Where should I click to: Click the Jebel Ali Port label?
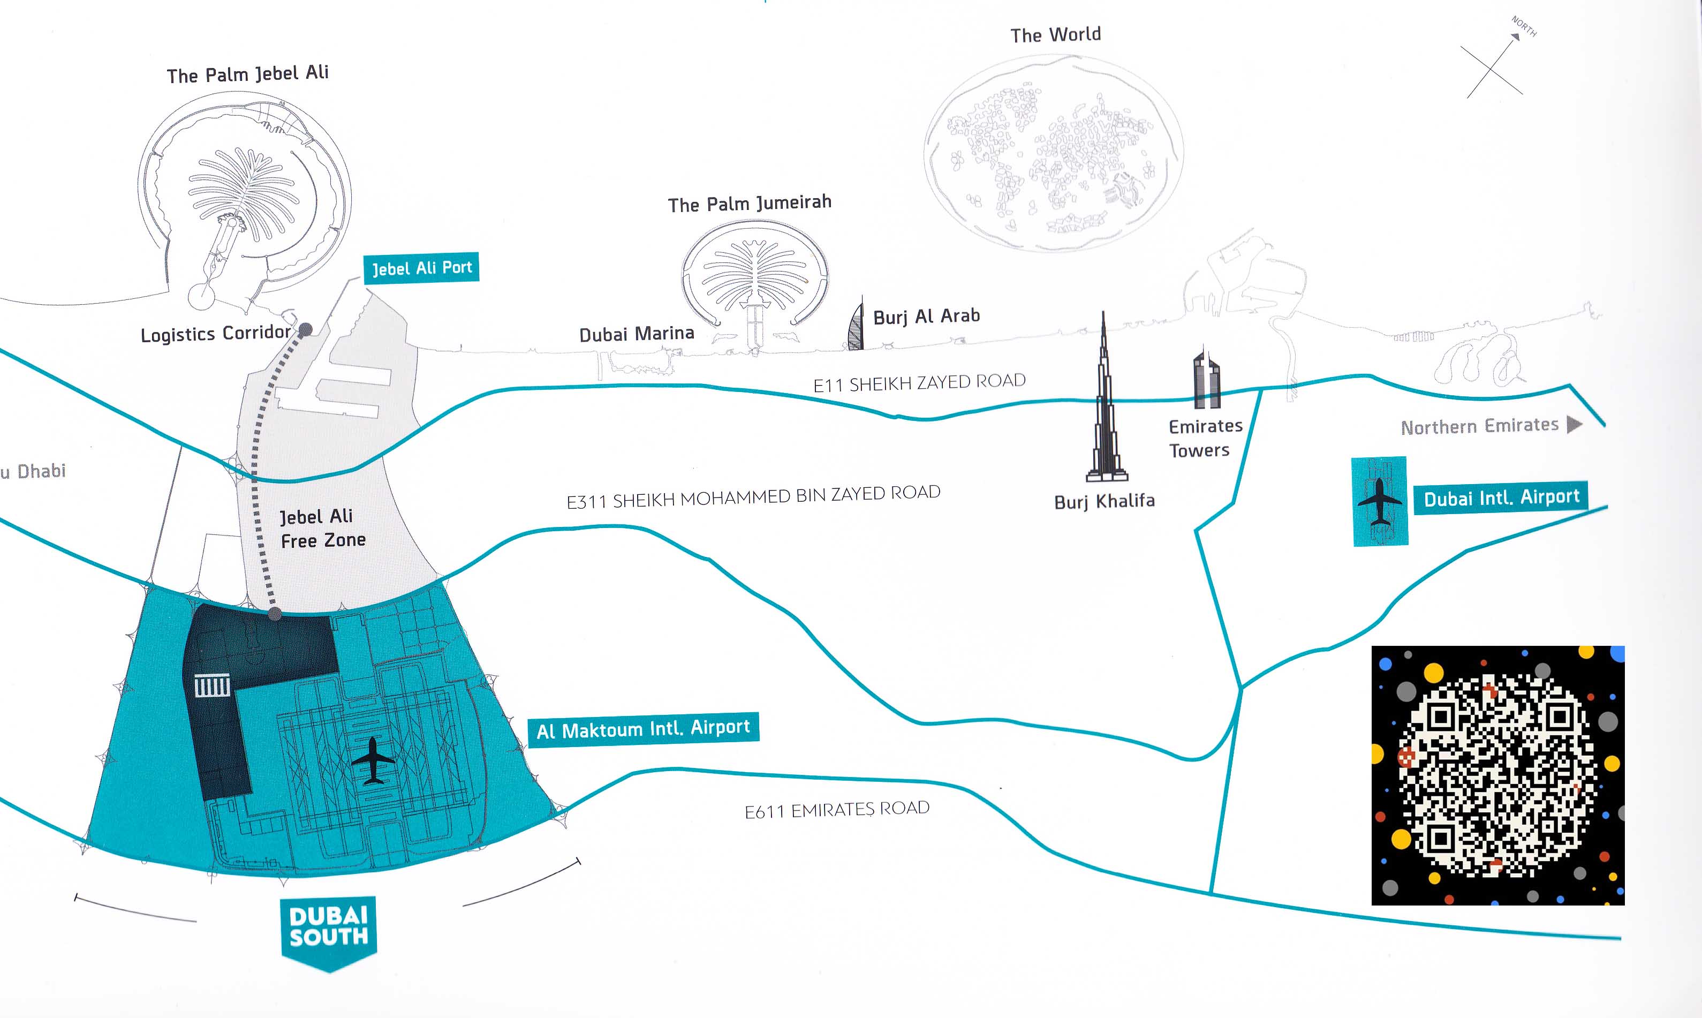[x=421, y=268]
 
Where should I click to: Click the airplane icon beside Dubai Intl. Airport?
[x=1380, y=501]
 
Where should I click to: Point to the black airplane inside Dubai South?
[x=373, y=760]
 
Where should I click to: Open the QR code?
[x=1497, y=775]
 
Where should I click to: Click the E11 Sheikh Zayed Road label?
[x=920, y=383]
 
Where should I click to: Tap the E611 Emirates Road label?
[x=837, y=810]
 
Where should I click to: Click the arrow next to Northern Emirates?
[x=1575, y=425]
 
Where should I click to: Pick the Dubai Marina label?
[x=637, y=334]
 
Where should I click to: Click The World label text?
[x=1055, y=35]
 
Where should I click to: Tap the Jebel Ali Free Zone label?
[x=322, y=528]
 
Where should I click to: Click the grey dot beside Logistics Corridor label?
[x=305, y=329]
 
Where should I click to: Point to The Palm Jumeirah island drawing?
[x=755, y=283]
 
